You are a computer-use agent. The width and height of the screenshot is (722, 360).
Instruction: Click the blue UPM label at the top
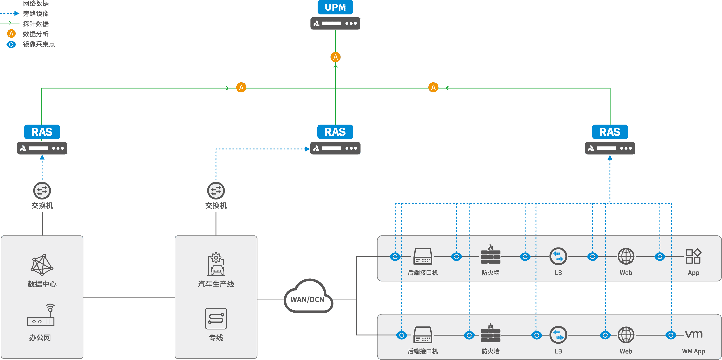pos(335,7)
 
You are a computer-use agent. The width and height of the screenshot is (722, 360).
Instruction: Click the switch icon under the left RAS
pos(42,191)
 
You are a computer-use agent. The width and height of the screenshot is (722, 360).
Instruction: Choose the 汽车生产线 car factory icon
pos(216,264)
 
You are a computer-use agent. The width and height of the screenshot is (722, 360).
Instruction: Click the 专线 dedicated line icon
pos(216,319)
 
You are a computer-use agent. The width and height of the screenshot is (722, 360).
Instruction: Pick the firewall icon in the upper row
pos(490,255)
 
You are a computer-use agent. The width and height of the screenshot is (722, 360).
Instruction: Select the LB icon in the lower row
pos(558,335)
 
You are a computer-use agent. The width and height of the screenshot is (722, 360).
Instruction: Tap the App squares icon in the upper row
pos(693,256)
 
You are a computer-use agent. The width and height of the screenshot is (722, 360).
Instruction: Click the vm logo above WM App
pos(694,334)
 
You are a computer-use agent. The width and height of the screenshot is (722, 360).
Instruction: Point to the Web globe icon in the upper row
pos(626,256)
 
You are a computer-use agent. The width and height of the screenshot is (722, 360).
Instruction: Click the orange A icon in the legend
pos(11,34)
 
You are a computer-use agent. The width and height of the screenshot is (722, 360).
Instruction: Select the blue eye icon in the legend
pos(11,44)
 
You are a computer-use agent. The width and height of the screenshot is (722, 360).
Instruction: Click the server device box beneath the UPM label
pos(335,23)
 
